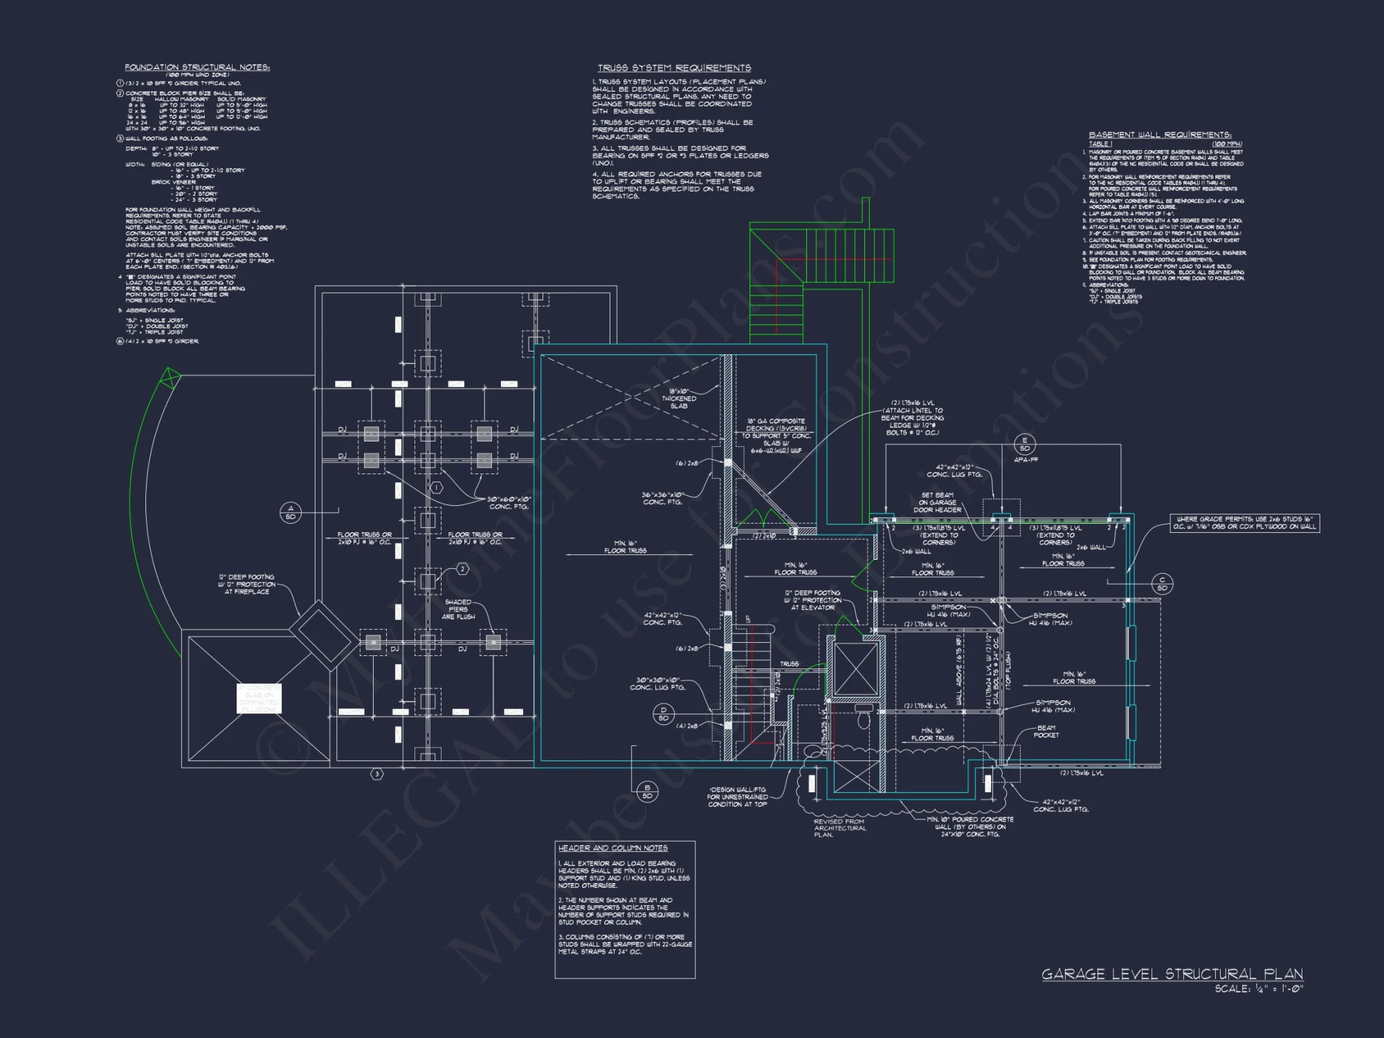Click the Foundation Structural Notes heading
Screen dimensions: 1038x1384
(197, 67)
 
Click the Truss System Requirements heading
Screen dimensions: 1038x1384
(674, 68)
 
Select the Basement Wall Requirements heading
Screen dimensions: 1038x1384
(1160, 135)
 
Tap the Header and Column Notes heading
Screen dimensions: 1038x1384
(613, 848)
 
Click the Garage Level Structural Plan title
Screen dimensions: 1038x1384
(1172, 974)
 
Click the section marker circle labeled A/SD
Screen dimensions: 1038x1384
(291, 512)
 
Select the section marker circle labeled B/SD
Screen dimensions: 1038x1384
(647, 792)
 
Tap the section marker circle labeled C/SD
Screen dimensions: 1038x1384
(1163, 584)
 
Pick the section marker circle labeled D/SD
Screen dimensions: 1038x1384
(664, 714)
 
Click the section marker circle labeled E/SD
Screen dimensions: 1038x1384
(1025, 444)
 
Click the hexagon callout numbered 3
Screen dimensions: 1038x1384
(377, 774)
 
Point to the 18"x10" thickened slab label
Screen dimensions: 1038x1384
(679, 399)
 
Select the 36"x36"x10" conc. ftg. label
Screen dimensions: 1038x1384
(663, 498)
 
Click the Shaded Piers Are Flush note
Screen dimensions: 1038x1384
(458, 609)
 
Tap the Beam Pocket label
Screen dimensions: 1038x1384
(1046, 731)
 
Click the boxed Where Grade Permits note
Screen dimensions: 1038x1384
(1244, 522)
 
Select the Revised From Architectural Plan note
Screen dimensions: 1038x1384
(839, 828)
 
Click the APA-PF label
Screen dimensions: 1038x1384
(1026, 459)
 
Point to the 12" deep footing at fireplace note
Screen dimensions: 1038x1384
(246, 584)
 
